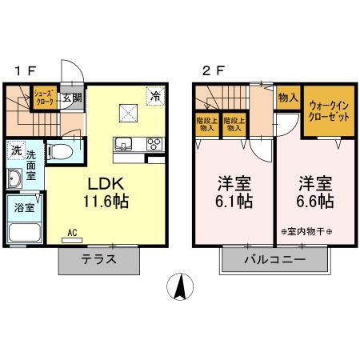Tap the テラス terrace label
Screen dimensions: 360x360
(99, 260)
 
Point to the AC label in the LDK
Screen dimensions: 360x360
(72, 233)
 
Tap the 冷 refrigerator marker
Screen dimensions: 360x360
(154, 95)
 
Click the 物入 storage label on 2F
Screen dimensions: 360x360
(288, 98)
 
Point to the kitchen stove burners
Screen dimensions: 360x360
(153, 144)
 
